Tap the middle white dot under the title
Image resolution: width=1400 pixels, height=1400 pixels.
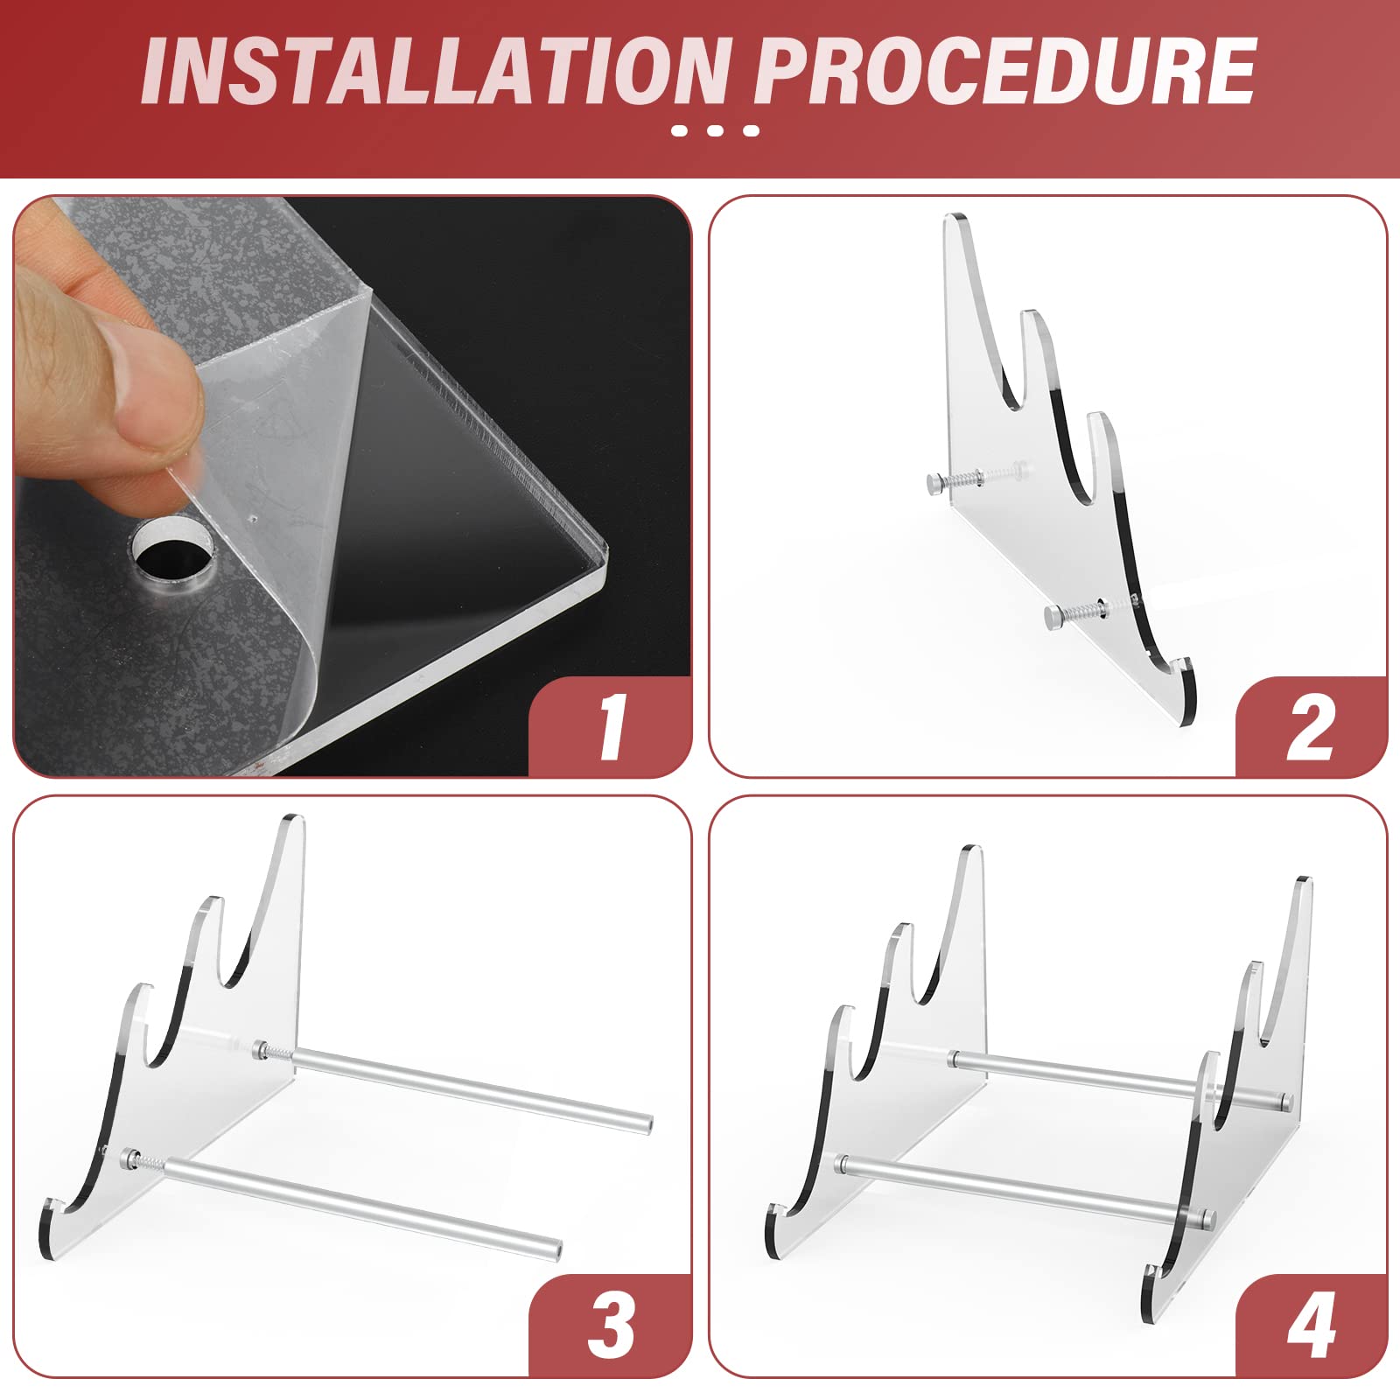click(715, 131)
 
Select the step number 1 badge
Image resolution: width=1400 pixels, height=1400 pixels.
click(612, 727)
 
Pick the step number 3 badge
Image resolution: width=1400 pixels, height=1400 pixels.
click(612, 1326)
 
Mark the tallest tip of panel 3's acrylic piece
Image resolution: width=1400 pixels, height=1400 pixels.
click(294, 821)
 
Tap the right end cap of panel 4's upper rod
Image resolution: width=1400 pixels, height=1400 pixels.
click(1284, 1099)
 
